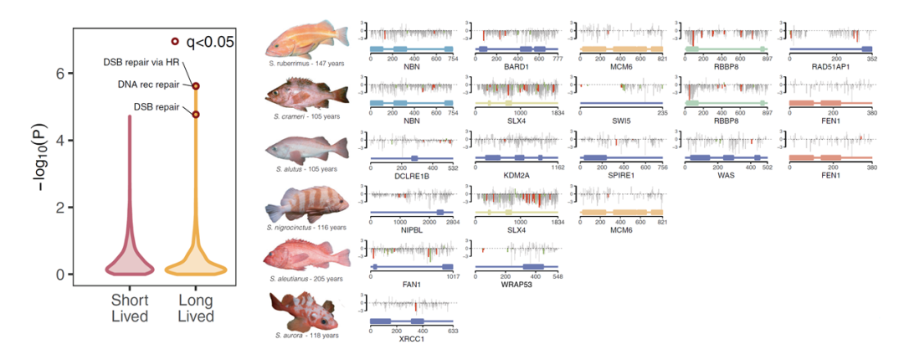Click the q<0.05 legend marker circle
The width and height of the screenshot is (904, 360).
click(x=175, y=41)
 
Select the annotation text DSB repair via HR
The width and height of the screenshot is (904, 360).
click(x=141, y=62)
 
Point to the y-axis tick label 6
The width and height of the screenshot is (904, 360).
click(x=59, y=74)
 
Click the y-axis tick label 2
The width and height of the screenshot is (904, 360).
click(x=59, y=208)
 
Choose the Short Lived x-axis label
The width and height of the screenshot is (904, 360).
click(x=130, y=308)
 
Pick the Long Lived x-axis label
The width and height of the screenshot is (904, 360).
click(x=196, y=308)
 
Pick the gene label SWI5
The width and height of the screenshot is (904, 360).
click(x=620, y=120)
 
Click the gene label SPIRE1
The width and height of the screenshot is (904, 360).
click(x=620, y=174)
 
